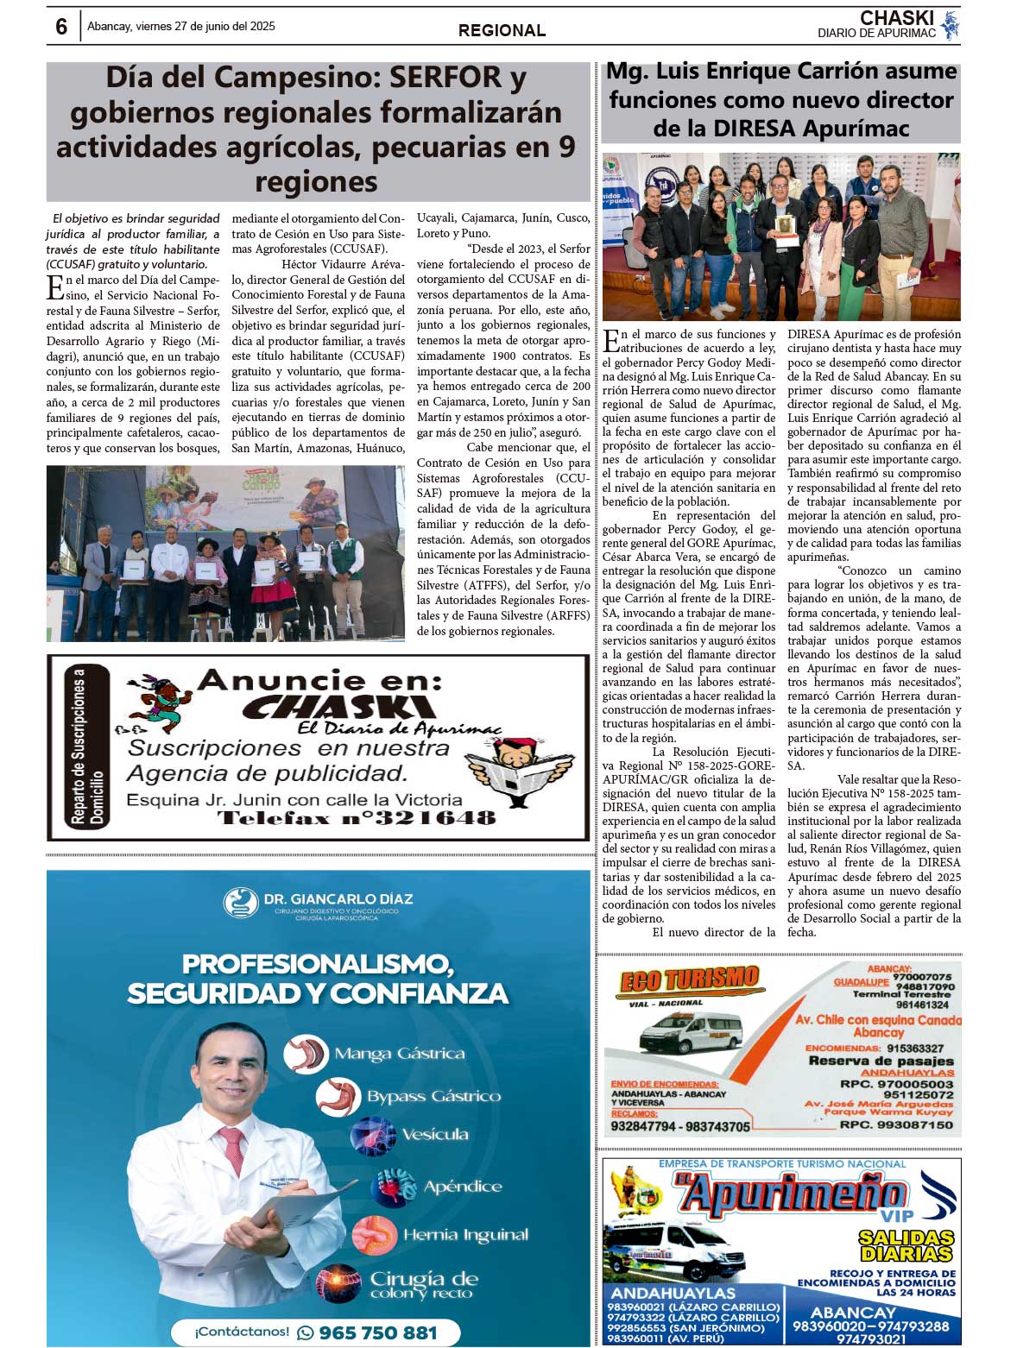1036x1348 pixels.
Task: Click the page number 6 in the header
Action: click(61, 27)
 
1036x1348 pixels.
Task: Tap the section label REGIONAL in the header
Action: click(502, 30)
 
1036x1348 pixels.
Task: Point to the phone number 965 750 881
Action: click(377, 1332)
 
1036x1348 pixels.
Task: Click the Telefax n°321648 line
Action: click(357, 817)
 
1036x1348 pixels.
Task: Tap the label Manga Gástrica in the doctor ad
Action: click(399, 1054)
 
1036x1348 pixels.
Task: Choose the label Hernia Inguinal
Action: click(465, 1235)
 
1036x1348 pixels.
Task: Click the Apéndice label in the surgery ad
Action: click(462, 1187)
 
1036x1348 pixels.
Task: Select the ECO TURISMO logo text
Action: click(690, 980)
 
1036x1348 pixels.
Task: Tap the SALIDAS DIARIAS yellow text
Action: click(906, 1245)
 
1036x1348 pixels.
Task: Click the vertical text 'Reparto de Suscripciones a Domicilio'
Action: click(86, 747)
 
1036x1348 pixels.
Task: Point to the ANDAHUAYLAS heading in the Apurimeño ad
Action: click(673, 1293)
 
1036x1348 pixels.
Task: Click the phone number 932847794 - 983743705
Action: click(680, 1126)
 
